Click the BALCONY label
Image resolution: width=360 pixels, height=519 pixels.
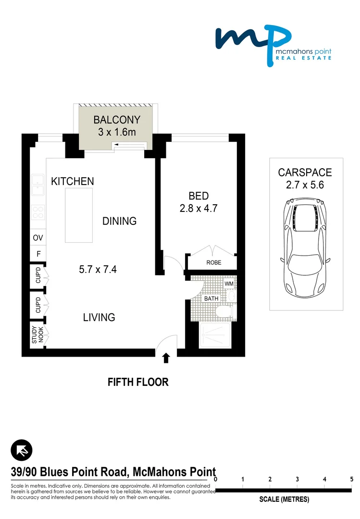[117, 120]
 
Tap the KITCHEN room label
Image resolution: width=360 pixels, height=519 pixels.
[73, 181]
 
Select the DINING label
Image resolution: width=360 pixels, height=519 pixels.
[120, 221]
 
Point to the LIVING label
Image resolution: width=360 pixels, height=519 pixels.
[99, 317]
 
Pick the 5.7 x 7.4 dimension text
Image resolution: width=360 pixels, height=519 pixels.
[98, 270]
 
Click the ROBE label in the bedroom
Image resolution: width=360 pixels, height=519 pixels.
[213, 263]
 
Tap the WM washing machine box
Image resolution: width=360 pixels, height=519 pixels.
[229, 284]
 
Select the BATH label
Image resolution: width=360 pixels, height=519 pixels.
[211, 298]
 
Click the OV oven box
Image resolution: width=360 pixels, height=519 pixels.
[37, 238]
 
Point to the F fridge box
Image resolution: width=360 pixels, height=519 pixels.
[37, 254]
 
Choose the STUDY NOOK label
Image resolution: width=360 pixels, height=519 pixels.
[37, 335]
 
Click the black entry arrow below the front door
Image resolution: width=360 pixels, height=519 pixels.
[166, 358]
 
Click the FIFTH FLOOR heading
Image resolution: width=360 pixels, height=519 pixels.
[138, 383]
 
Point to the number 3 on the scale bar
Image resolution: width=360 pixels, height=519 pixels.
[298, 479]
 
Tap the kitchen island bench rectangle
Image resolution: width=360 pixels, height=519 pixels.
[79, 215]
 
